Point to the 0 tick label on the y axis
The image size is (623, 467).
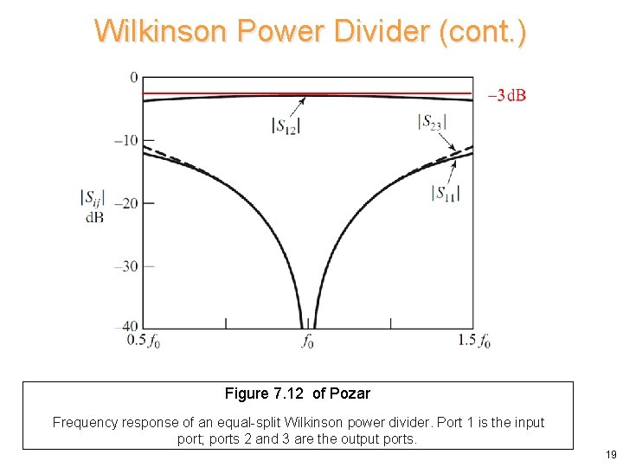[134, 78]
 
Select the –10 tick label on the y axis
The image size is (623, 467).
[126, 141]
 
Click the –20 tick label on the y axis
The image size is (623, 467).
[126, 203]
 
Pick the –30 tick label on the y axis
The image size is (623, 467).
[126, 265]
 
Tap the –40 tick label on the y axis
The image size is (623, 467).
[126, 327]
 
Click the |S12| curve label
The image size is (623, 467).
[286, 125]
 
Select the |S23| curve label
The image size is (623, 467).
[432, 123]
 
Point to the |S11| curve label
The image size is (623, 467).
[445, 192]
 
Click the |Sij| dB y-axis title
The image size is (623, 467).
[93, 207]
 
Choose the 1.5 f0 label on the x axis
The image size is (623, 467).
[474, 342]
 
